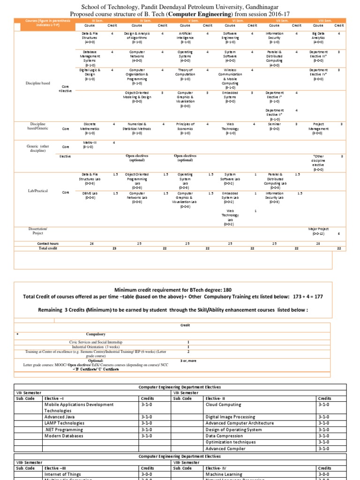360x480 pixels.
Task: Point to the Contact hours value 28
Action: [x=318, y=244]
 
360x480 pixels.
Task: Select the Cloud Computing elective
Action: [x=223, y=405]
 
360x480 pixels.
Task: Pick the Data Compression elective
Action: [x=225, y=435]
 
